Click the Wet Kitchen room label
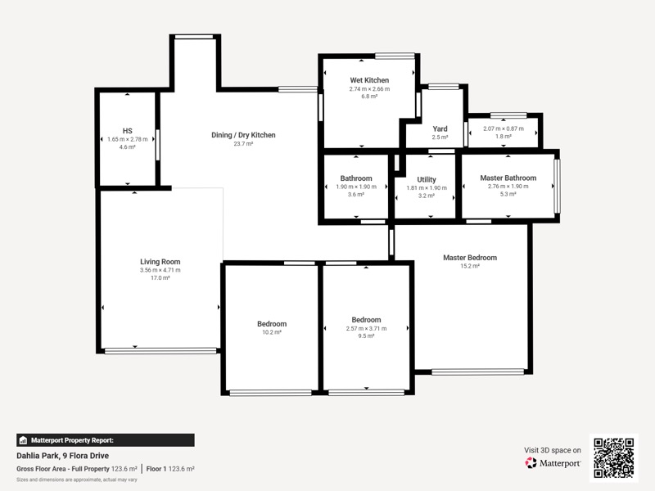tap(369, 80)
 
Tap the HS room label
tap(128, 131)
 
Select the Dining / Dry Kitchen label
tap(243, 135)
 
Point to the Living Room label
tap(160, 262)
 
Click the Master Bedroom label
tap(470, 258)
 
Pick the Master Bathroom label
tap(508, 178)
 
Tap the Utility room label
tap(427, 179)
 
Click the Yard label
tap(440, 129)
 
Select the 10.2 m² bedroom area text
tap(272, 332)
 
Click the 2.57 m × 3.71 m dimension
tap(366, 329)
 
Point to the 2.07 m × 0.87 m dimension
tap(504, 128)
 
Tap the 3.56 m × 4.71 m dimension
tap(160, 270)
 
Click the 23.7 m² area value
tap(243, 144)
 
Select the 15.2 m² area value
tap(470, 266)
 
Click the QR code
tap(613, 457)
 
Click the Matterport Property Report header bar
tap(106, 440)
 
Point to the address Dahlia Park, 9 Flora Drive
tap(63, 456)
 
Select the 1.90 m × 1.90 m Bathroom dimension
tap(356, 187)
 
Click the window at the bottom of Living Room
tap(160, 351)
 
